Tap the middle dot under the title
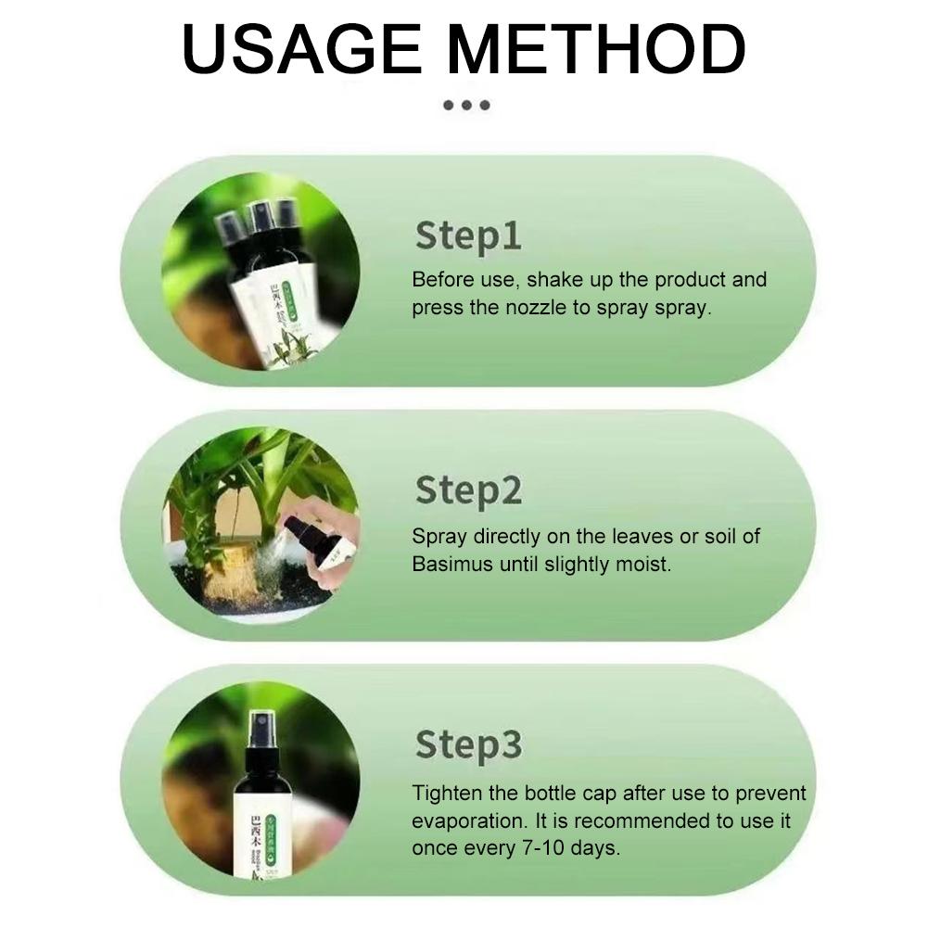pos(465,105)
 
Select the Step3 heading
pos(468,744)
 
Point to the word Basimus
pos(457,564)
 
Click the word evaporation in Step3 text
pos(468,821)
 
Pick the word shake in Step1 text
pos(557,280)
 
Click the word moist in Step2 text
pos(642,564)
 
